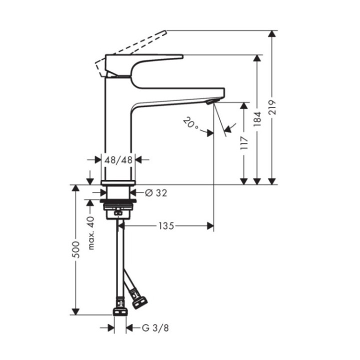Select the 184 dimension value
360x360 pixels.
pos(257,118)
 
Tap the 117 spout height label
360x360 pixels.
pos(244,143)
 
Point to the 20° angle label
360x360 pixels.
pos(190,123)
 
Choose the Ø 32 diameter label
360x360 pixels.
pos(155,192)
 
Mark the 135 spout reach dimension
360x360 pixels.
pos(167,226)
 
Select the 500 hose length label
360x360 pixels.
pos(76,250)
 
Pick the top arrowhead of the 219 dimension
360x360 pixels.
pos(271,34)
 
